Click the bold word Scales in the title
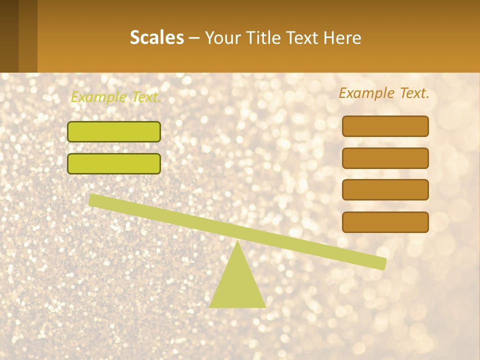tap(157, 37)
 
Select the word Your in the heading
tap(221, 37)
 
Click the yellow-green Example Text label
tap(116, 97)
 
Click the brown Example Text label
tap(384, 93)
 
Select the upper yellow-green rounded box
tap(114, 131)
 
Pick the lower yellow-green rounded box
tap(114, 163)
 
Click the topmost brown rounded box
tap(385, 126)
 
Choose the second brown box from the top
tap(385, 158)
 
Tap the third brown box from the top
tap(385, 190)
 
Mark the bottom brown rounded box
tap(385, 222)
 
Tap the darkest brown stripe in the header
tap(9, 36)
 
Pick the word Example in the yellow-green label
tap(98, 97)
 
